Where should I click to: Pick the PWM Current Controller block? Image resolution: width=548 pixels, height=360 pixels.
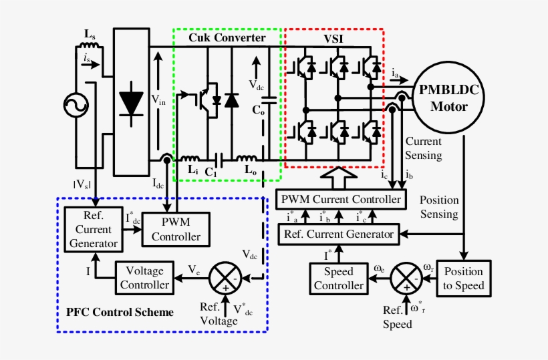click(x=341, y=199)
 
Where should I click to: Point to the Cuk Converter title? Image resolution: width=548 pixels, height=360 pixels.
click(x=227, y=38)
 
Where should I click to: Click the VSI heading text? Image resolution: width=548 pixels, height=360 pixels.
click(x=336, y=39)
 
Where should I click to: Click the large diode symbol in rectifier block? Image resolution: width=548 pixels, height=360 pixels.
click(x=130, y=103)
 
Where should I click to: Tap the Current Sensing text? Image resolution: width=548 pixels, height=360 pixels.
click(x=424, y=148)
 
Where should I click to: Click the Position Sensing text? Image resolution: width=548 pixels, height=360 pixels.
click(x=439, y=207)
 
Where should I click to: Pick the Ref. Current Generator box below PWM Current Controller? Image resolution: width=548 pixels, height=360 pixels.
click(x=339, y=234)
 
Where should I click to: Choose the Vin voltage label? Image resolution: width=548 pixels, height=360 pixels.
click(x=158, y=100)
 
